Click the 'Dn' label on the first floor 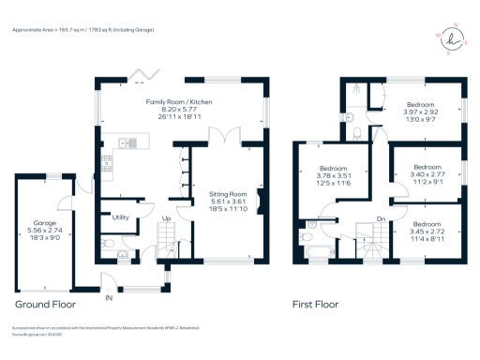(381, 219)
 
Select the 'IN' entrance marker (110, 297)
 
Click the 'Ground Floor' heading (45, 305)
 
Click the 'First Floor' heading (315, 305)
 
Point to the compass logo (456, 39)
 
